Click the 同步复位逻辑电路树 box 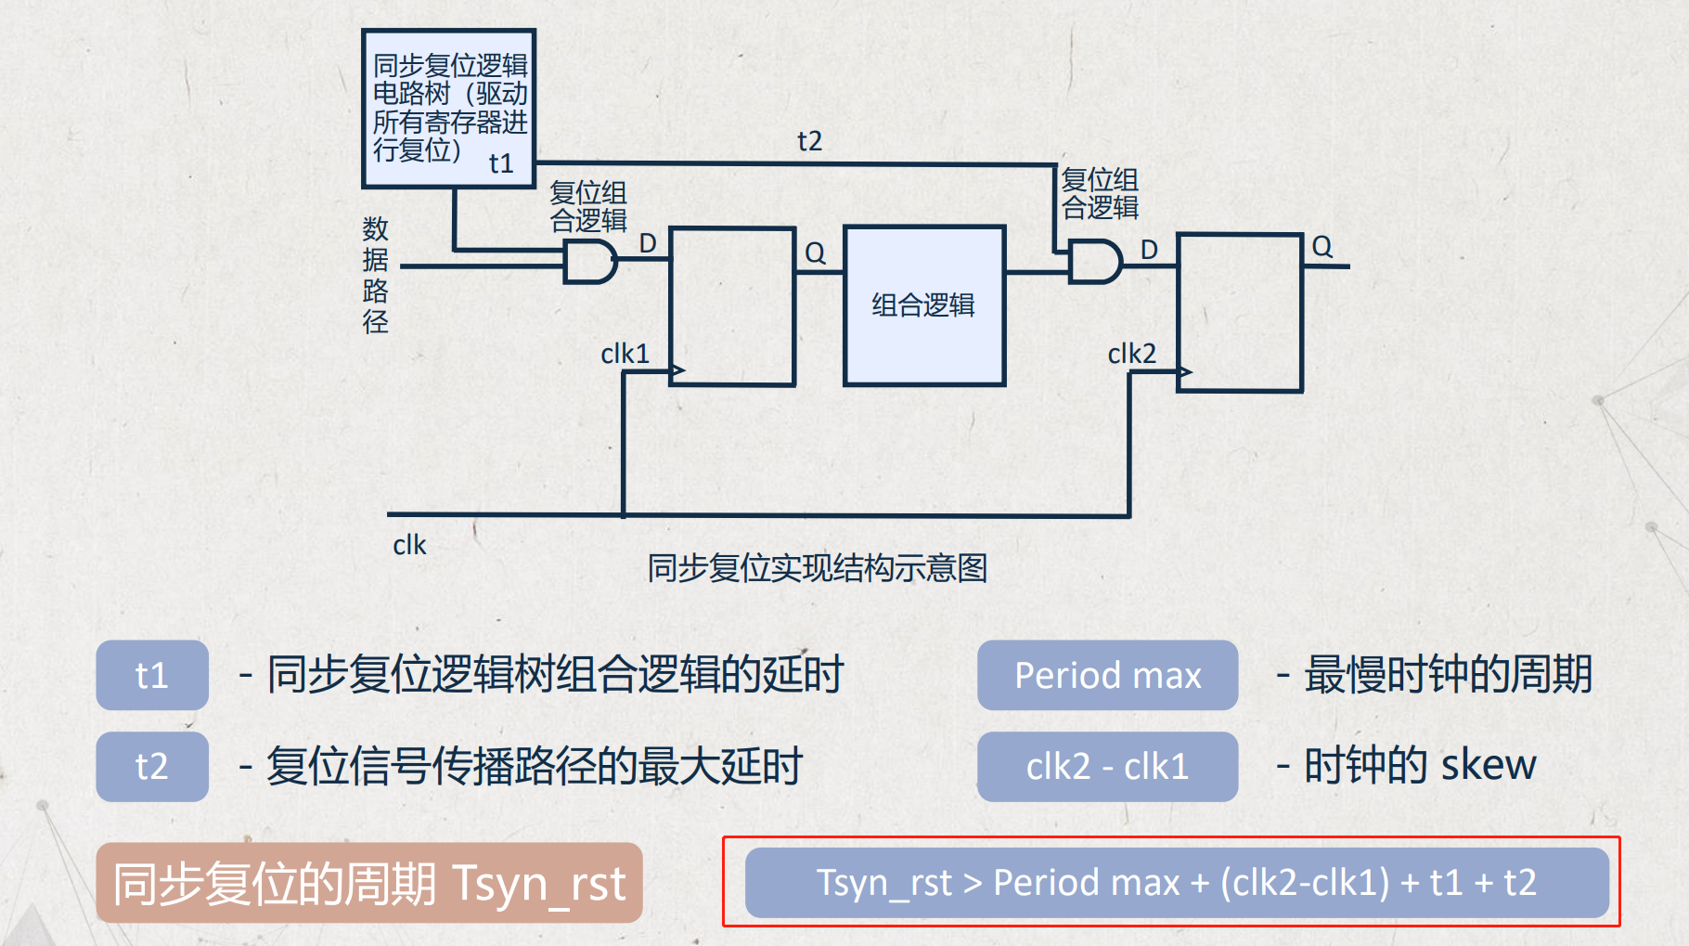coord(449,108)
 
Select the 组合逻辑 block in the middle coord(923,305)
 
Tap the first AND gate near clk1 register coord(589,262)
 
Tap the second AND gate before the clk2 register coord(1094,262)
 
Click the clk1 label coord(625,354)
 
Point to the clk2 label coord(1131,354)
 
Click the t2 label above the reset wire coord(809,141)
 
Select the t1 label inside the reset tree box coord(501,163)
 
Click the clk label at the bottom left coord(409,545)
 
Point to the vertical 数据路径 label coord(375,275)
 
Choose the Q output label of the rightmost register coord(1322,247)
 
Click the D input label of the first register coord(648,243)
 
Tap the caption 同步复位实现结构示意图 coord(817,567)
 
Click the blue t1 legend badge coord(152,675)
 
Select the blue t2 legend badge coord(152,767)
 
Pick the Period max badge coord(1107,675)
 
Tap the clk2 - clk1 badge coord(1107,767)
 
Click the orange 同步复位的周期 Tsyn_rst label coord(369,883)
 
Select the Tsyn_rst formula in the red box coord(1176,882)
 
